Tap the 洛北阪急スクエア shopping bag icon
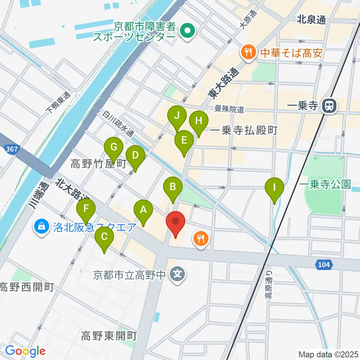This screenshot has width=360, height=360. tap(40, 226)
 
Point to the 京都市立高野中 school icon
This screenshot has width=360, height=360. tap(178, 275)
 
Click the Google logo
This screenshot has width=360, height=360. tap(25, 351)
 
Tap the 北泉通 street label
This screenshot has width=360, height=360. tap(311, 20)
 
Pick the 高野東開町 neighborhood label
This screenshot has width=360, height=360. tap(109, 336)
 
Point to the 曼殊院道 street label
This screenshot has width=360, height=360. tap(229, 110)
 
